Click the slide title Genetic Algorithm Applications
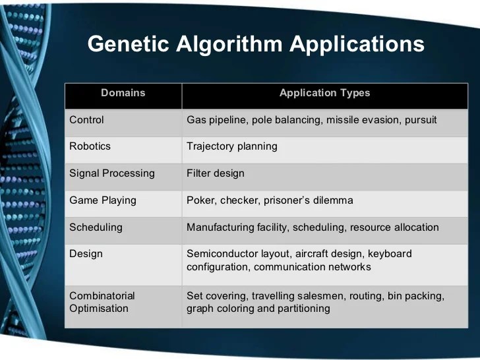256,44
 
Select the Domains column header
123,93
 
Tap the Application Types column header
324,93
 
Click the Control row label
86,120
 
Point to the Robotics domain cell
90,146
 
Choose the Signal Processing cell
111,173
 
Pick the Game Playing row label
102,200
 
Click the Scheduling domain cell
96,227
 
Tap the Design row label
86,254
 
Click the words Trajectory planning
231,146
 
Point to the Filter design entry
215,173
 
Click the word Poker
200,200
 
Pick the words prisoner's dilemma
314,200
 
